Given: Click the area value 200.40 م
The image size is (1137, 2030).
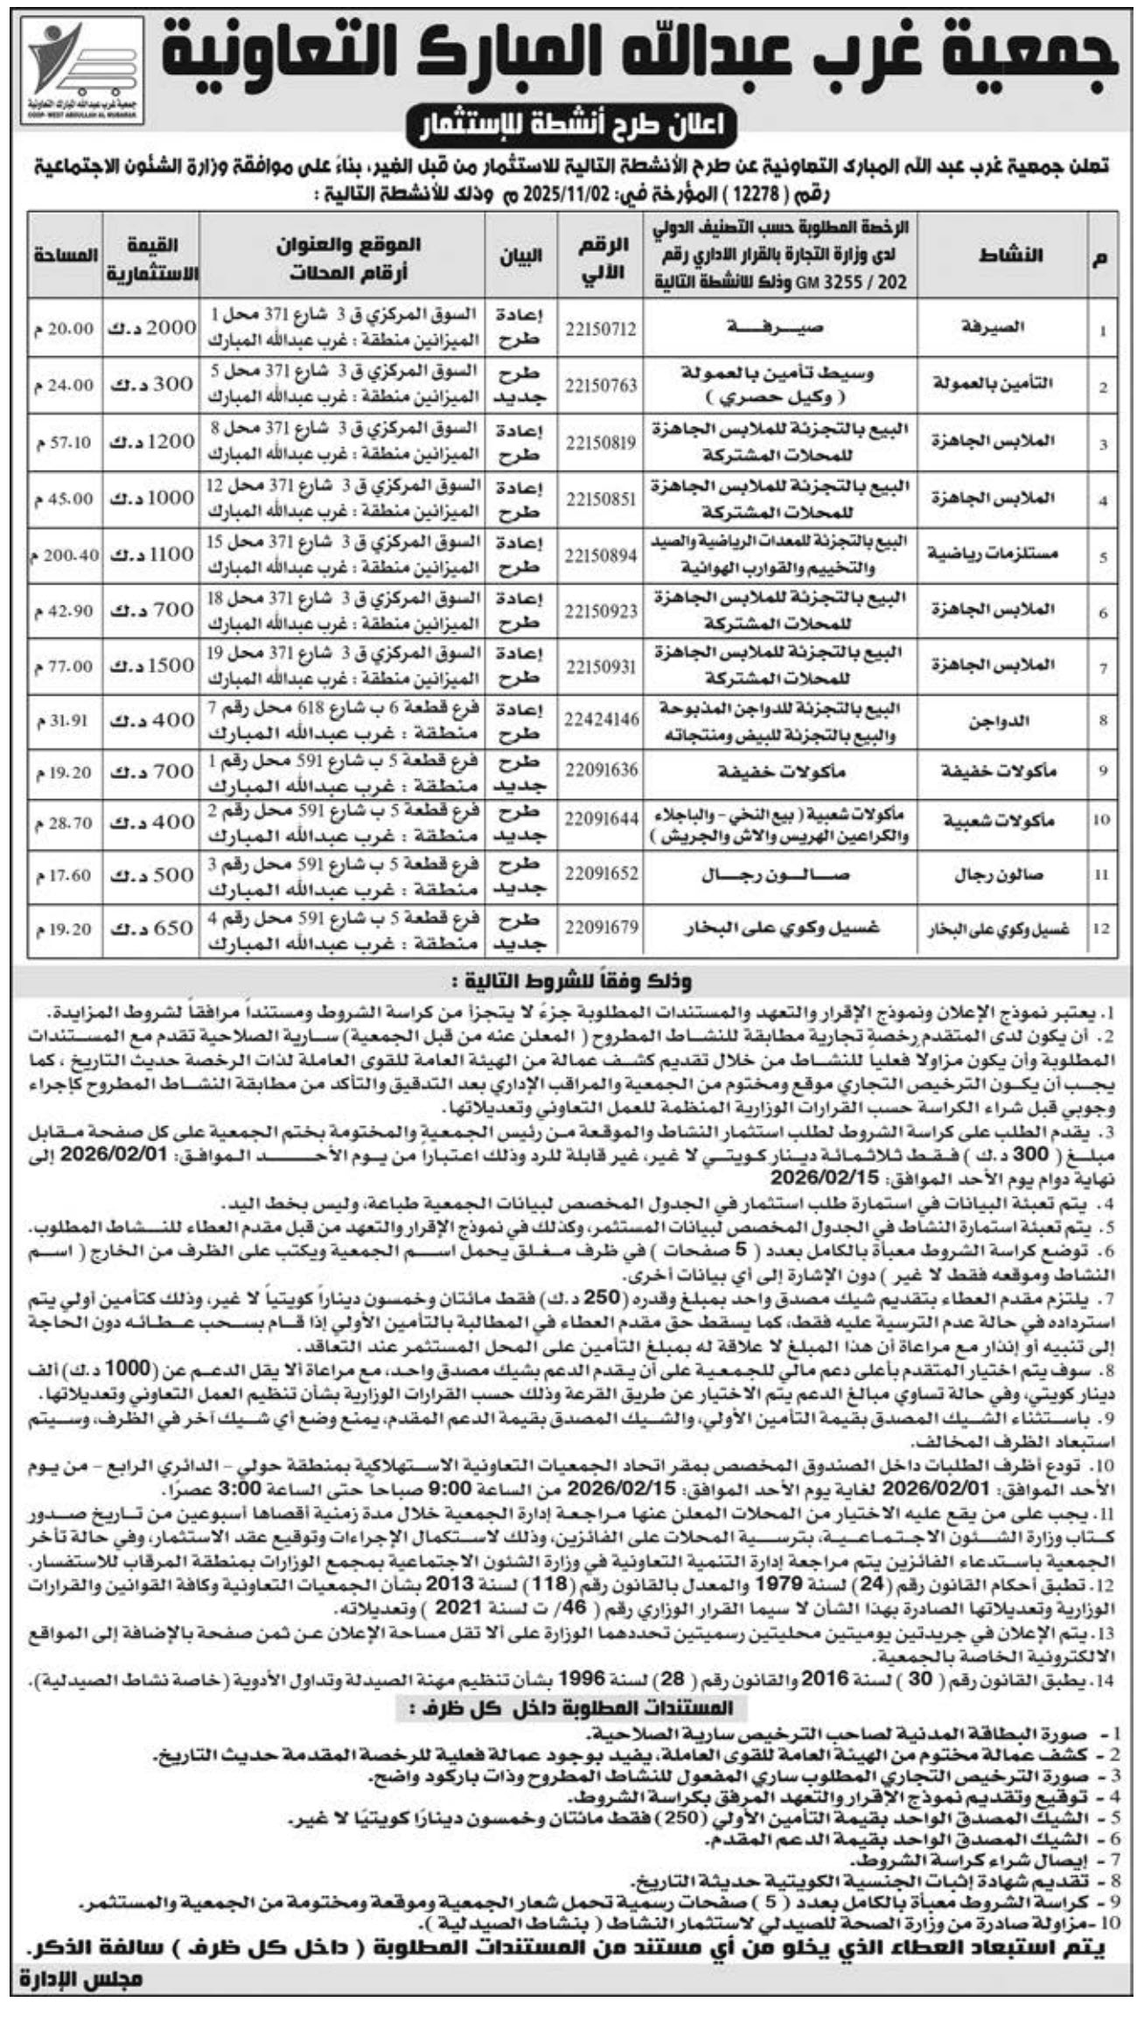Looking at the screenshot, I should coord(64,555).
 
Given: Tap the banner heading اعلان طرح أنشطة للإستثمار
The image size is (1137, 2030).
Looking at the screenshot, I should coord(568,128).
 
